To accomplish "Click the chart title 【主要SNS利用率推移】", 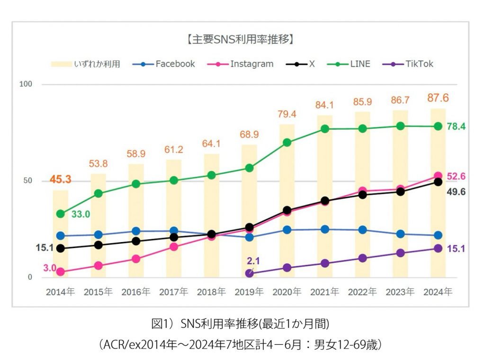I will click(x=241, y=39).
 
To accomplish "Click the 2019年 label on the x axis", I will click(x=249, y=292).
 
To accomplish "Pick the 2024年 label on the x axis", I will click(x=438, y=292).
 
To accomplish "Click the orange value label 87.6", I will click(x=438, y=98).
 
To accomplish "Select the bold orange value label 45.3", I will click(x=60, y=180).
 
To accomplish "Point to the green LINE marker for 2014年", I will click(x=60, y=214).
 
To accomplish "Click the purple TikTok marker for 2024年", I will click(x=438, y=249).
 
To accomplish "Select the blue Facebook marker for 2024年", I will click(x=438, y=235).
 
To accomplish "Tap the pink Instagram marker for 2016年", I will click(x=136, y=259).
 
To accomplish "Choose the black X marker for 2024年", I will click(x=438, y=182).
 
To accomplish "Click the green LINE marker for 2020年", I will click(x=287, y=142).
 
